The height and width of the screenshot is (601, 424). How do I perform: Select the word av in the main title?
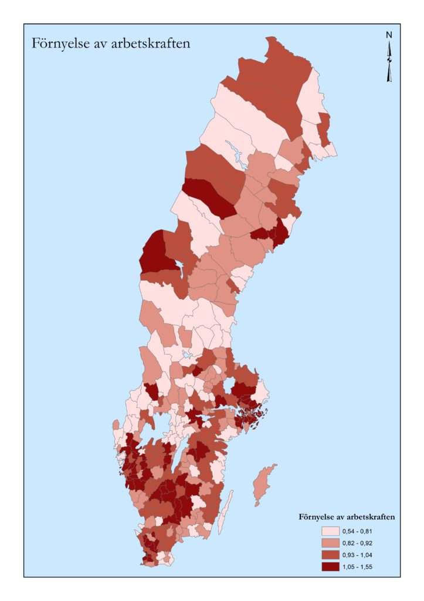[x=97, y=44]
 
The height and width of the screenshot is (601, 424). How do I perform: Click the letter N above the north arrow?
[x=389, y=35]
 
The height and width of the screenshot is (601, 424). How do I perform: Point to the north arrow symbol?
[x=389, y=62]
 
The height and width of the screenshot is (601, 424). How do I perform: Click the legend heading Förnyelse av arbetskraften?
[x=346, y=517]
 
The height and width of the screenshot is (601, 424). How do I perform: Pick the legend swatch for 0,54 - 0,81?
[x=331, y=531]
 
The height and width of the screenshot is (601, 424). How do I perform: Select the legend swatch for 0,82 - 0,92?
[x=331, y=543]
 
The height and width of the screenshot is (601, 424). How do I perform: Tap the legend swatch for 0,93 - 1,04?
[x=331, y=555]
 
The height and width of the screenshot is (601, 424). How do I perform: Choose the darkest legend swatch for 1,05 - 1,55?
[x=331, y=566]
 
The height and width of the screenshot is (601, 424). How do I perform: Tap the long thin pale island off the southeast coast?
[x=226, y=511]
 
